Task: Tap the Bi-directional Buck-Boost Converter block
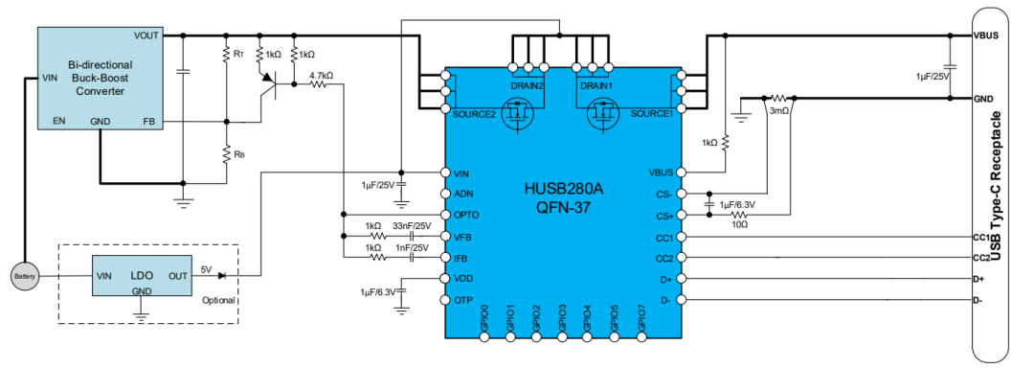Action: coord(100,77)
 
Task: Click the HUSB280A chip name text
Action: coord(562,188)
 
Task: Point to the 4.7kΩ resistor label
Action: coord(321,75)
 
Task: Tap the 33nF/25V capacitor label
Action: coord(411,225)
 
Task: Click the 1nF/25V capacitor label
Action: coord(412,247)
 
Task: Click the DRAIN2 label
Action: coord(528,86)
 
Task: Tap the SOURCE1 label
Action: coord(652,113)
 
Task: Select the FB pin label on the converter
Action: coord(148,122)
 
